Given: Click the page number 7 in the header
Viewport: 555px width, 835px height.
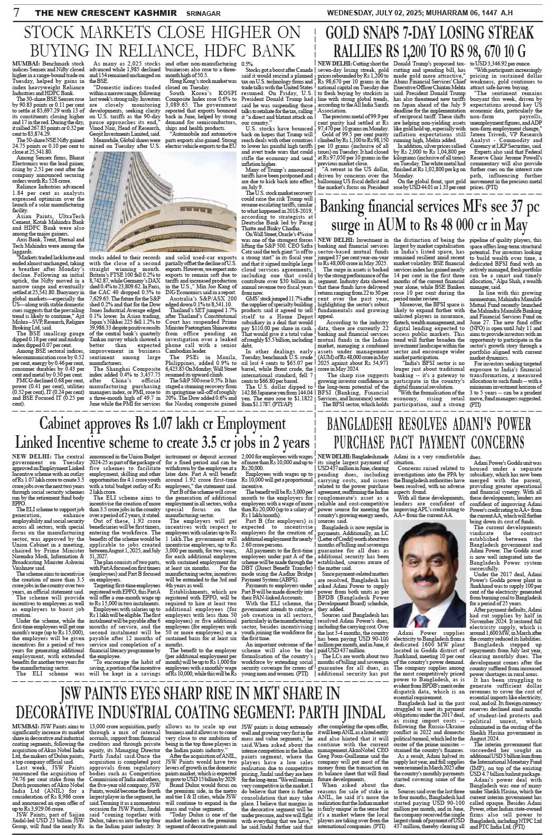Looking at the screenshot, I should coord(17,12).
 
